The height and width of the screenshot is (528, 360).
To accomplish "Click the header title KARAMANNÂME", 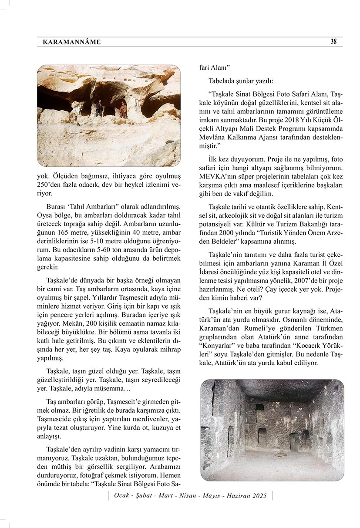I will coord(72,42).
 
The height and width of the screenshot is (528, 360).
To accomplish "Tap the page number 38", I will coord(333,42).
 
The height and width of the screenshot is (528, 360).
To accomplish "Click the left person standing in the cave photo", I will coord(98,108).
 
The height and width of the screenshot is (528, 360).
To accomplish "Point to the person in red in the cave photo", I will coord(124,109).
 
